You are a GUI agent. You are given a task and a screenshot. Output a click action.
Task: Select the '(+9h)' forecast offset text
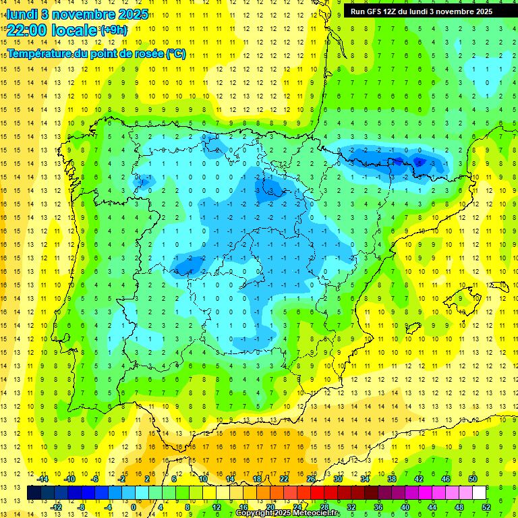[x=113, y=30]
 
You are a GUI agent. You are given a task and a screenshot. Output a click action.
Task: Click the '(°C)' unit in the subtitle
[x=175, y=53]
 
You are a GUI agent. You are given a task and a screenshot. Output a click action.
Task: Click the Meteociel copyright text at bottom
[x=287, y=513]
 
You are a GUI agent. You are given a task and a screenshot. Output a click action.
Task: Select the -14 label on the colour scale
[x=42, y=479]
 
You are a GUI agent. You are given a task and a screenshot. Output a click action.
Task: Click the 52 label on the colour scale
[x=487, y=507]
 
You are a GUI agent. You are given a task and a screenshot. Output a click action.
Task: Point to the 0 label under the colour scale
[x=134, y=507]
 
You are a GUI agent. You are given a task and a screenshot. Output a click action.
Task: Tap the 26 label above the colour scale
[x=311, y=479]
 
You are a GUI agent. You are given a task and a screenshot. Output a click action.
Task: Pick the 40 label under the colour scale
[x=405, y=507]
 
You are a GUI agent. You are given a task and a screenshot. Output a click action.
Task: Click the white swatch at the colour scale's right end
[x=480, y=493]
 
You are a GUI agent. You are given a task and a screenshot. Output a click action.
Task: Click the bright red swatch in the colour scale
[x=318, y=493]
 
